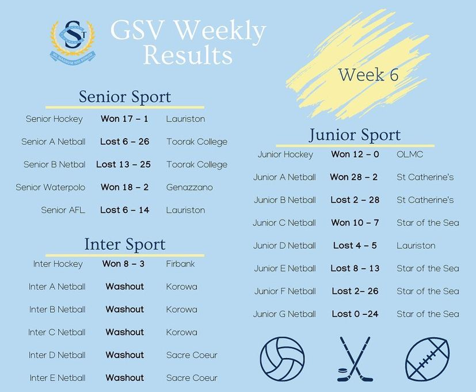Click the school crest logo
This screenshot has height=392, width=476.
(x=73, y=42)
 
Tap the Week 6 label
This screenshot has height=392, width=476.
(x=368, y=75)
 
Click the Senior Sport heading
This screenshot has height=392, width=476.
(x=125, y=97)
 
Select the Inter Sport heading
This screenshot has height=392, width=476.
(x=125, y=244)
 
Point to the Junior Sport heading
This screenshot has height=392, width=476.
(x=355, y=135)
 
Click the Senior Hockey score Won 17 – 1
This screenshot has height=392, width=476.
(x=124, y=119)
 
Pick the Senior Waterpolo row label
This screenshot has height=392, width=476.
(x=51, y=187)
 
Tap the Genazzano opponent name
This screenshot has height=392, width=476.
(x=189, y=187)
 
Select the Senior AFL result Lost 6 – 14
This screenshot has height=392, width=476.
(x=125, y=210)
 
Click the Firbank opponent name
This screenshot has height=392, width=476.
(x=180, y=264)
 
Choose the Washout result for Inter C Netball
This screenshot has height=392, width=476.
(x=125, y=332)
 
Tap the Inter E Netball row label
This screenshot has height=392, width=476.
(x=58, y=378)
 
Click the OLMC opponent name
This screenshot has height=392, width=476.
(x=410, y=154)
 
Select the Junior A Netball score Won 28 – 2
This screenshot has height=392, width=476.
(x=354, y=177)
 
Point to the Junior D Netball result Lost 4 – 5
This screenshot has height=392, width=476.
(x=355, y=245)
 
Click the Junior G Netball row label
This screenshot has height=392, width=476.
(x=284, y=314)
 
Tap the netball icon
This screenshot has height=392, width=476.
(x=283, y=359)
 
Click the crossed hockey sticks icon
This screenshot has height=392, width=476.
(x=355, y=359)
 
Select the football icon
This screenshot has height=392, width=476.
(x=428, y=359)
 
